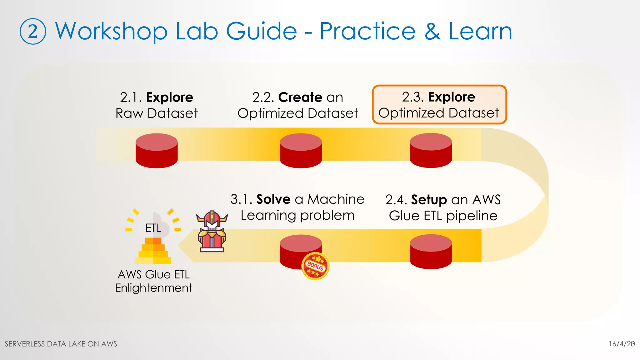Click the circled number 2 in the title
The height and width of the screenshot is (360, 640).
(33, 32)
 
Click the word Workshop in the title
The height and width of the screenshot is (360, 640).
(111, 32)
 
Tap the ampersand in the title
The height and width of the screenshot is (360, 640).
(432, 32)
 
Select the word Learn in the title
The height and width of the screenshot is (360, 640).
(480, 32)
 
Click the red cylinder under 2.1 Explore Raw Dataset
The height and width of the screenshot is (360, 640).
(157, 151)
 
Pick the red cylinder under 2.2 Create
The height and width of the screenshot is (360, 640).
(301, 151)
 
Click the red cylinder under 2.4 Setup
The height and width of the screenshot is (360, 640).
(431, 252)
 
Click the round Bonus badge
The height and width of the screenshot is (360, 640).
(315, 266)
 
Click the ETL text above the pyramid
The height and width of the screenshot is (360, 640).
(153, 228)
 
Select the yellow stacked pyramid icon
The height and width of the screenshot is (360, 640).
(153, 251)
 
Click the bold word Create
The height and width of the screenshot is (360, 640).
(300, 97)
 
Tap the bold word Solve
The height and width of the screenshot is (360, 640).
(273, 199)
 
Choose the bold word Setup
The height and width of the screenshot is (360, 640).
(429, 200)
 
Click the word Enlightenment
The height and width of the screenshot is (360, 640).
(153, 288)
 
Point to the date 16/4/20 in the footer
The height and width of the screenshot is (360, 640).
(621, 344)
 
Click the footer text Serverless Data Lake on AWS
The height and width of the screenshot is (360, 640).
(61, 344)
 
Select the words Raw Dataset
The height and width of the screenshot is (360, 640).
(157, 113)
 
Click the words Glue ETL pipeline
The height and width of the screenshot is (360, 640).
(443, 216)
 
